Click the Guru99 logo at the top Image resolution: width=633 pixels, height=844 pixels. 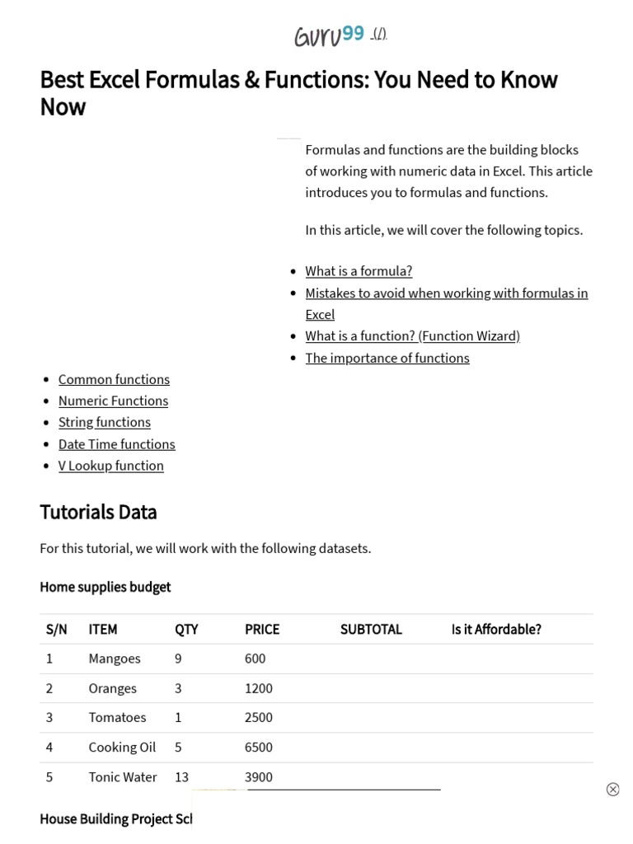pyautogui.click(x=329, y=35)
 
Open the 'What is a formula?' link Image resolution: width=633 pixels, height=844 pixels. pyautogui.click(x=359, y=271)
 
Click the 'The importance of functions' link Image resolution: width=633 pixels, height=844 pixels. pyautogui.click(x=387, y=358)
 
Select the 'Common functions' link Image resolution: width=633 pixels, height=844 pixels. pyautogui.click(x=114, y=379)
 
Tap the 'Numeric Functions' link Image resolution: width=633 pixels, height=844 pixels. pyautogui.click(x=113, y=401)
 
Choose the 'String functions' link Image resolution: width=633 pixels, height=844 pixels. pyautogui.click(x=104, y=422)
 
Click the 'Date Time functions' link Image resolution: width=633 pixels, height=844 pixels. pyautogui.click(x=116, y=444)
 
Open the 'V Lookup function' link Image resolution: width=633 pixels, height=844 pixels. pyautogui.click(x=110, y=466)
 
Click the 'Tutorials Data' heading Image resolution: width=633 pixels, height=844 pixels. pyautogui.click(x=98, y=512)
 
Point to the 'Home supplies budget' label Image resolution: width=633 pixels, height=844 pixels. pyautogui.click(x=105, y=587)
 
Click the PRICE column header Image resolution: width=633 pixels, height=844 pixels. pyautogui.click(x=262, y=630)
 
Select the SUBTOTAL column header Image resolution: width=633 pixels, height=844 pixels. pyautogui.click(x=371, y=630)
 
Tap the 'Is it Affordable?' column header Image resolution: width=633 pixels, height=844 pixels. pyautogui.click(x=496, y=630)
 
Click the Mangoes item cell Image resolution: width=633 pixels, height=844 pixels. pyautogui.click(x=115, y=659)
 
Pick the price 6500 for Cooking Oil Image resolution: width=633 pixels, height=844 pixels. pyautogui.click(x=259, y=748)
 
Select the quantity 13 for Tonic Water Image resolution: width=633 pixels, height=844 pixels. pyautogui.click(x=182, y=777)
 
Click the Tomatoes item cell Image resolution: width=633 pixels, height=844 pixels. pyautogui.click(x=117, y=718)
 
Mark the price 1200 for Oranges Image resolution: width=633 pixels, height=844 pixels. pyautogui.click(x=259, y=688)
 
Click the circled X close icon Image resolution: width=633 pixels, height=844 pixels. pyautogui.click(x=612, y=790)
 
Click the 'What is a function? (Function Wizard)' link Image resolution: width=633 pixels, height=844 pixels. pyautogui.click(x=412, y=336)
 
